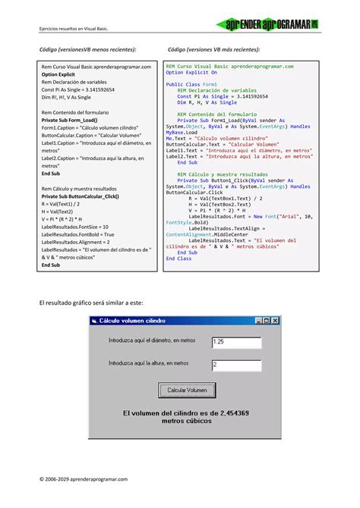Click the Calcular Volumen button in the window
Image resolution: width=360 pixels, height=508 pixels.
coord(186,390)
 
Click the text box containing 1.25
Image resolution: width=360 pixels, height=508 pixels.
coord(236,342)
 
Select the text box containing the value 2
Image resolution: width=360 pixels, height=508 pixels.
coord(236,365)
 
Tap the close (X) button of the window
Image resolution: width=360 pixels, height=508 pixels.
coord(276,321)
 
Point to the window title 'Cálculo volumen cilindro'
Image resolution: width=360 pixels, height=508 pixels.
coord(131,321)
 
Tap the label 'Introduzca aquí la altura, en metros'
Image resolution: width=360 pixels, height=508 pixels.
coord(149,363)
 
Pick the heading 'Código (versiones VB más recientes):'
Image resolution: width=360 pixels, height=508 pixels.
coord(213,49)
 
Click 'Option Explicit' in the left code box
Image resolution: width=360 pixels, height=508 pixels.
coord(58,75)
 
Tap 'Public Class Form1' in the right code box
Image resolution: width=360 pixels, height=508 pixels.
coord(191,83)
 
